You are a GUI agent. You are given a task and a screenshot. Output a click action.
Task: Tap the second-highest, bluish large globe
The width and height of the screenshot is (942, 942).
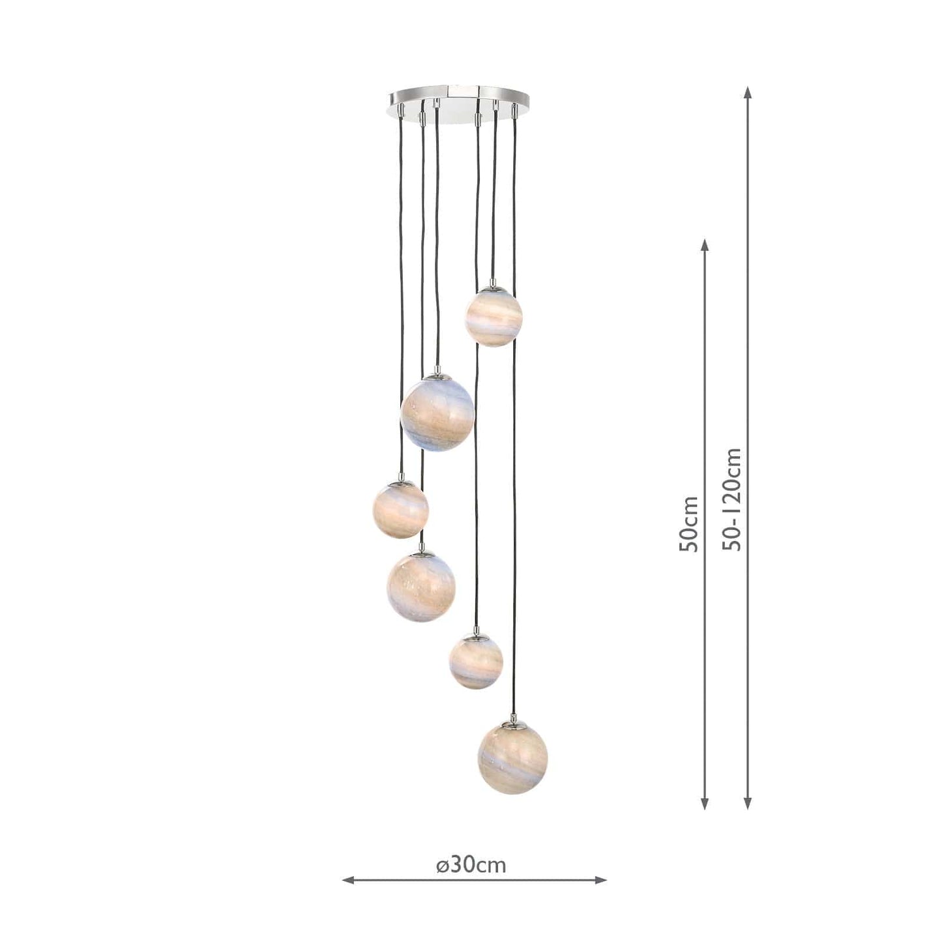(x=437, y=415)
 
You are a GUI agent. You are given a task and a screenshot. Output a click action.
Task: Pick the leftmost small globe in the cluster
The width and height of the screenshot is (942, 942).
(x=400, y=510)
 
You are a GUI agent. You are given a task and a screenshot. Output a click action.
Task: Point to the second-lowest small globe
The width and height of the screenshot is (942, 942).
(x=476, y=661)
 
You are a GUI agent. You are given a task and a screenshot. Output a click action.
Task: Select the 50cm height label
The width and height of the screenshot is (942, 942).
(x=688, y=523)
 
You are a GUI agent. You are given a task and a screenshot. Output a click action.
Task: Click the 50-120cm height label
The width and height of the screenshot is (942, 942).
(x=731, y=499)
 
